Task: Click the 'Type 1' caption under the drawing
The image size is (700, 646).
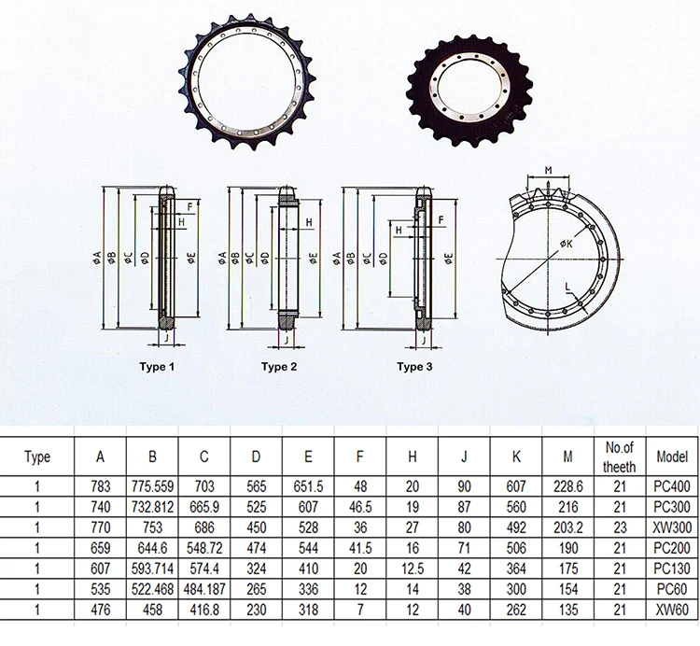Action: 157,367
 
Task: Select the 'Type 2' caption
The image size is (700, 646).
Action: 279,367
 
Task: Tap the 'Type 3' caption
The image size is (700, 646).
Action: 414,367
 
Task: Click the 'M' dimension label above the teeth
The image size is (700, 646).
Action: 549,170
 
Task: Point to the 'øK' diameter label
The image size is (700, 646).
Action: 567,244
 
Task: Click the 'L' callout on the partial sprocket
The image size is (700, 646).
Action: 567,287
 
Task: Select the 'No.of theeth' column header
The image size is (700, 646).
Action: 620,456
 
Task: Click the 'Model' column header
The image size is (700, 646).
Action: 672,456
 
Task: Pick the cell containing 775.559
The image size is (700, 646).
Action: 152,486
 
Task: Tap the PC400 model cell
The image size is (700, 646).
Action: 672,486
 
